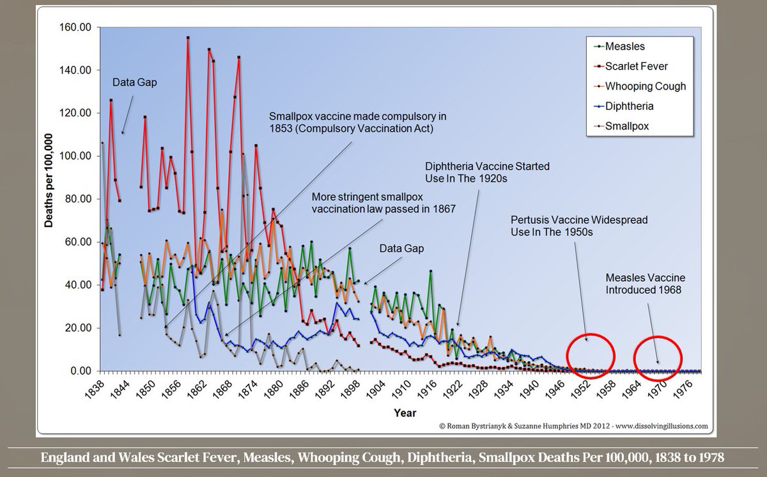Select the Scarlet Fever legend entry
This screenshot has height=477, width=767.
click(635, 66)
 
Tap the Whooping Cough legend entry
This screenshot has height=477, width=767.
click(644, 86)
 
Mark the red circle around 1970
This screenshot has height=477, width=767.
click(658, 356)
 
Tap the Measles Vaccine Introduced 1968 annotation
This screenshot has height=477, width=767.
click(646, 283)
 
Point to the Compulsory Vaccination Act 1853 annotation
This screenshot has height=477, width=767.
click(357, 123)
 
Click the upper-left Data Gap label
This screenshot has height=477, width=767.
click(134, 82)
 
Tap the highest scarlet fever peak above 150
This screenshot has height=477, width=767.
click(188, 38)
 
